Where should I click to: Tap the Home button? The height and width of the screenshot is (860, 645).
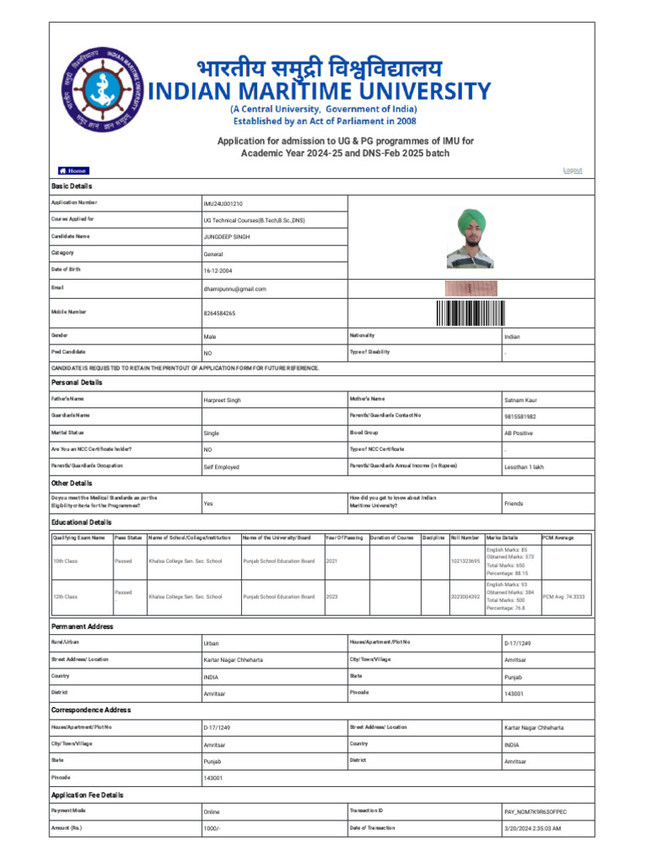pyautogui.click(x=73, y=170)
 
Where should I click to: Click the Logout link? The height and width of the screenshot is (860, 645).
pyautogui.click(x=573, y=170)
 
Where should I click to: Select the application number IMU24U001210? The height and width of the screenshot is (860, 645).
pyautogui.click(x=223, y=204)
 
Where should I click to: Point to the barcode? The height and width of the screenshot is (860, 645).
pyautogui.click(x=471, y=312)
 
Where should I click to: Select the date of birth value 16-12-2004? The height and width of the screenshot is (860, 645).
pyautogui.click(x=221, y=270)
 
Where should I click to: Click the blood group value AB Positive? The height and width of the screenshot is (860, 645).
pyautogui.click(x=518, y=433)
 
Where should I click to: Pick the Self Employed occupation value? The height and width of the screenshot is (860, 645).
pyautogui.click(x=221, y=467)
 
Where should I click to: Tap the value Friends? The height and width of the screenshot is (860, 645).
pyautogui.click(x=513, y=504)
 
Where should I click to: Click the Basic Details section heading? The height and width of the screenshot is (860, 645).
pyautogui.click(x=71, y=186)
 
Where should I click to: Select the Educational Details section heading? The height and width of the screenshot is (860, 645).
pyautogui.click(x=81, y=522)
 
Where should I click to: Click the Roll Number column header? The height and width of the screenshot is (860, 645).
pyautogui.click(x=464, y=537)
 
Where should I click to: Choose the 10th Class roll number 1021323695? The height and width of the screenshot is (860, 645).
pyautogui.click(x=464, y=561)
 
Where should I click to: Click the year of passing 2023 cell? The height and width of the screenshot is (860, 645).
pyautogui.click(x=332, y=596)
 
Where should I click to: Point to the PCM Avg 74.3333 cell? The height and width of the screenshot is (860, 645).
pyautogui.click(x=564, y=596)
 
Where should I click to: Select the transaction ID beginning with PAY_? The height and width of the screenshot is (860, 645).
pyautogui.click(x=535, y=812)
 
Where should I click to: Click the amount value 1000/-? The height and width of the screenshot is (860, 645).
pyautogui.click(x=214, y=829)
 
